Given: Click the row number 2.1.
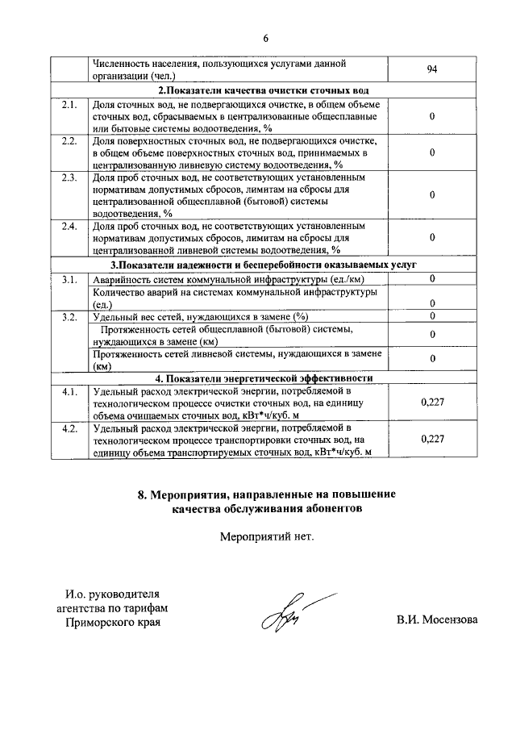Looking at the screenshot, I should [69, 105].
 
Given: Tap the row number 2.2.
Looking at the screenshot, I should [69, 141].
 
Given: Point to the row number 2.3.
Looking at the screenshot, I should [69, 177].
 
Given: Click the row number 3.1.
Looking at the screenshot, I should [69, 279].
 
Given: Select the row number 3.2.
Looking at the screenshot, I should [69, 315].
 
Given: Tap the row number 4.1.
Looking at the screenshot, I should [69, 392].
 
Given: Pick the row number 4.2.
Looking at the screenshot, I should [69, 428].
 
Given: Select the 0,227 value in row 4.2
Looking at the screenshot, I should [433, 439].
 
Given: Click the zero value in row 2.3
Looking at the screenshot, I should [433, 195].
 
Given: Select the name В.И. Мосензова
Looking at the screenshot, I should [436, 620].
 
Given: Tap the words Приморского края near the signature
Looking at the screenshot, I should [113, 624].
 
